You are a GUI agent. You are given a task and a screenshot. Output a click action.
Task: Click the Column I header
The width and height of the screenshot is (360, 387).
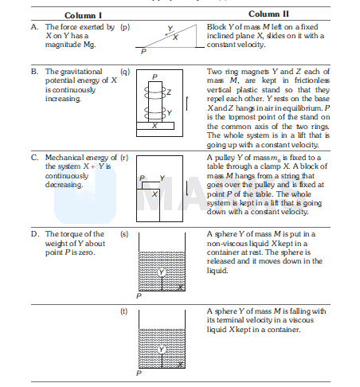pyautogui.click(x=83, y=15)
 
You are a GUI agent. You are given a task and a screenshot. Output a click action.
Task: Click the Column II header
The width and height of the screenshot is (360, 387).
pyautogui.click(x=268, y=14)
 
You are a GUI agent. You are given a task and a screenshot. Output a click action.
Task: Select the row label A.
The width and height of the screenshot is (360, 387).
pyautogui.click(x=34, y=27)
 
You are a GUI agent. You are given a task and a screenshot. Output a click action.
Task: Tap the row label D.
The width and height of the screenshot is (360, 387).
pyautogui.click(x=35, y=234)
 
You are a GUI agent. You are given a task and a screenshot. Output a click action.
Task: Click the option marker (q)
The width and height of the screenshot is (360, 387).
pyautogui.click(x=125, y=72)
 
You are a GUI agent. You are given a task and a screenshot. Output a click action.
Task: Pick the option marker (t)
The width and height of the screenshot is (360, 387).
pyautogui.click(x=123, y=311)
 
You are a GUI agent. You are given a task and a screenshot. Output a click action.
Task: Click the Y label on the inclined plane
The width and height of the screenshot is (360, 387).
pyautogui.click(x=170, y=28)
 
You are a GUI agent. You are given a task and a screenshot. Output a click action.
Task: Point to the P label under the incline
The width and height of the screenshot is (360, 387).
pyautogui.click(x=143, y=51)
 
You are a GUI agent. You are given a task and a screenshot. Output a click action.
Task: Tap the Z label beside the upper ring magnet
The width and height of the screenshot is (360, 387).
pyautogui.click(x=169, y=92)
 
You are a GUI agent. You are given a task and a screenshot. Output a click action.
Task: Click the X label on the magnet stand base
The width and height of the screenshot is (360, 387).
pyautogui.click(x=155, y=126)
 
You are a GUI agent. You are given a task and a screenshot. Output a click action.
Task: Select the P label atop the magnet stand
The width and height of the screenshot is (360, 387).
pyautogui.click(x=155, y=77)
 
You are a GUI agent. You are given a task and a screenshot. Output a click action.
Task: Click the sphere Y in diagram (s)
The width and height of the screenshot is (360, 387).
pyautogui.click(x=162, y=272)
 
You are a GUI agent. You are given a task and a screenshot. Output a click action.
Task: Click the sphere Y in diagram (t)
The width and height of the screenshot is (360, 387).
pyautogui.click(x=162, y=350)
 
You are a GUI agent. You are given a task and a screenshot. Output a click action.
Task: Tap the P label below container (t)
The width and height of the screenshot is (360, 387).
pyautogui.click(x=139, y=373)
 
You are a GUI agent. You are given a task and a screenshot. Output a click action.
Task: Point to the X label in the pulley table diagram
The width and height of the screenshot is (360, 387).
pyautogui.click(x=155, y=194)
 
